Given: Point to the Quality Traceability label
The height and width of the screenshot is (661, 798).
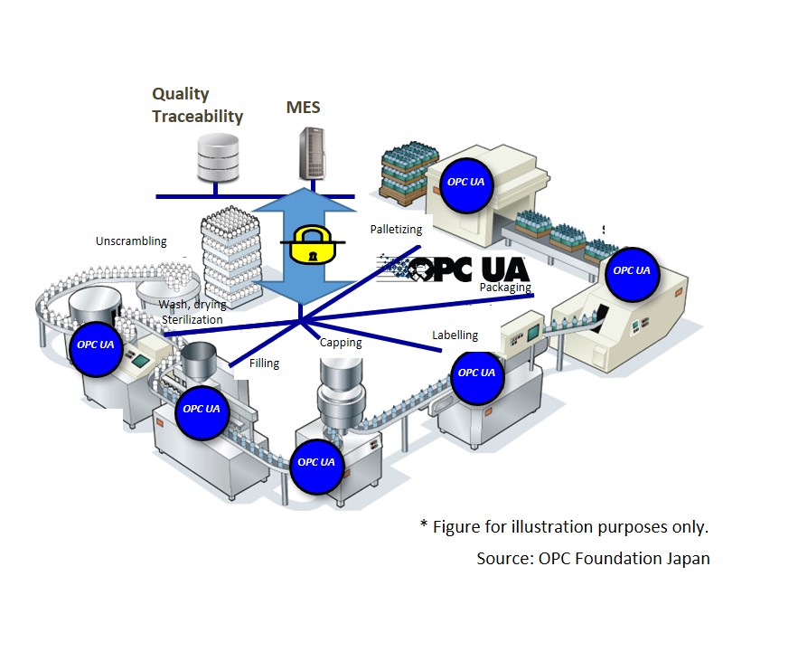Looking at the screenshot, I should coord(197,105).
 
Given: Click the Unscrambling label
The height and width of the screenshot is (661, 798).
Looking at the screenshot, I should coord(131,241).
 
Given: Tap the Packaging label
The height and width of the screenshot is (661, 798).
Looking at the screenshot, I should coord(505,288).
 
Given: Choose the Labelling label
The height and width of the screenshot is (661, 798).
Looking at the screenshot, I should coord(455,335).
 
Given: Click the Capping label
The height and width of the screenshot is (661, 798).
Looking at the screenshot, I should coord(341,343).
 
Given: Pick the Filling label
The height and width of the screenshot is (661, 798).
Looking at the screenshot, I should coord(264,364).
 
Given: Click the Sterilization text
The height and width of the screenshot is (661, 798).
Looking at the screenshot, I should coord(192,319).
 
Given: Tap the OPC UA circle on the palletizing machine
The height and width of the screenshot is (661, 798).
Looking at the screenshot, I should coord(465,182).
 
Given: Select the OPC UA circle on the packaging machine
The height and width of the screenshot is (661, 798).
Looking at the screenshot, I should coord(631,270).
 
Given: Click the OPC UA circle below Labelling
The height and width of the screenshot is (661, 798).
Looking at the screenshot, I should coord(476,373).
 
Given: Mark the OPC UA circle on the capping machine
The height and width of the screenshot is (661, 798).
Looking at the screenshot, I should coord(316,462).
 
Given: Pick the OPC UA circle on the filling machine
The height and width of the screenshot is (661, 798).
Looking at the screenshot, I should coord(202,409).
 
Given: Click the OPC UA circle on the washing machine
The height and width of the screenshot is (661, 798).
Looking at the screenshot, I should coord(95,345).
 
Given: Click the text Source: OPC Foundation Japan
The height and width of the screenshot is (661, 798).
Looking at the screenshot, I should coord(593,559).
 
